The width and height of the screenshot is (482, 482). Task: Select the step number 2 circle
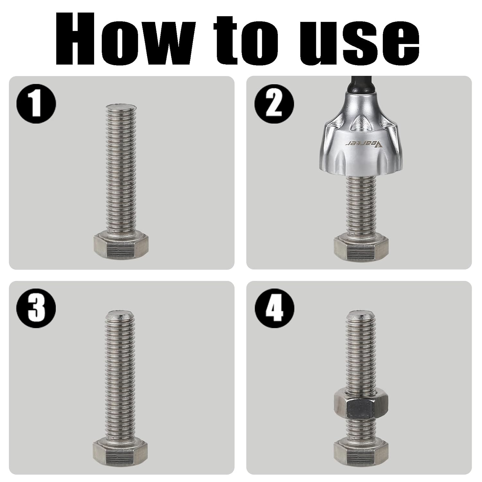(274, 104)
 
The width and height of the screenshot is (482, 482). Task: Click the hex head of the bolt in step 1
(121, 247)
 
